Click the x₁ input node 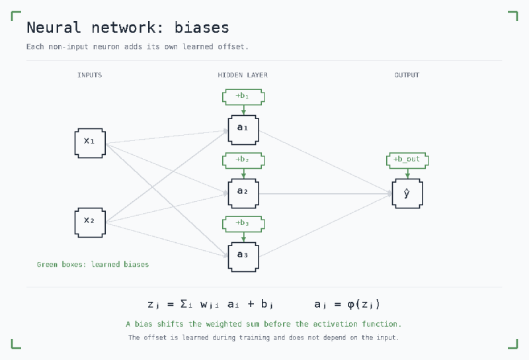tap(90, 143)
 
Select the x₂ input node tap(90, 222)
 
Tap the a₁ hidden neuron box tap(243, 130)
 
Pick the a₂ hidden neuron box tap(243, 193)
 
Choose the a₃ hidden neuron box tap(243, 257)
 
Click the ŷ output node tap(407, 193)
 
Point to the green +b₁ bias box tap(243, 97)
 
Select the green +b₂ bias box tap(243, 160)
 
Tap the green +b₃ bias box tap(243, 224)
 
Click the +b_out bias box tap(407, 160)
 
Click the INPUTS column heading tap(90, 75)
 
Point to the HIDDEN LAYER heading tap(243, 75)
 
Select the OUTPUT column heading tap(407, 75)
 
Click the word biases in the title tap(202, 28)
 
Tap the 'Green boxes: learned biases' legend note tap(93, 265)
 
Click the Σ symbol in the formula tap(184, 304)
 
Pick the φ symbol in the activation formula tap(351, 304)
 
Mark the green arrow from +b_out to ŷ tap(407, 173)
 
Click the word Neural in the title tap(54, 28)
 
